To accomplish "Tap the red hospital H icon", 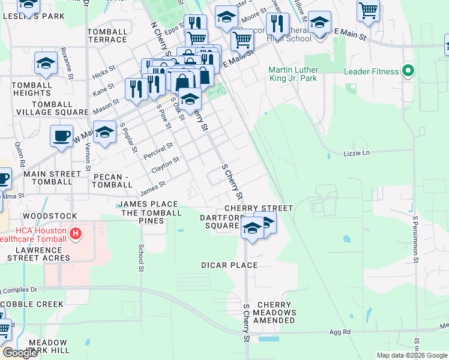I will tap(76, 233).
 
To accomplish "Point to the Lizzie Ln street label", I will tap(357, 153).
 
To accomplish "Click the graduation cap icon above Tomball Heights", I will tap(46, 64).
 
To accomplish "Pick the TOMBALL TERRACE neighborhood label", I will tap(107, 35).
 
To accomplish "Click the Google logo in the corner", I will tap(19, 353).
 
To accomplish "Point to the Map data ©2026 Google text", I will tap(411, 355).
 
